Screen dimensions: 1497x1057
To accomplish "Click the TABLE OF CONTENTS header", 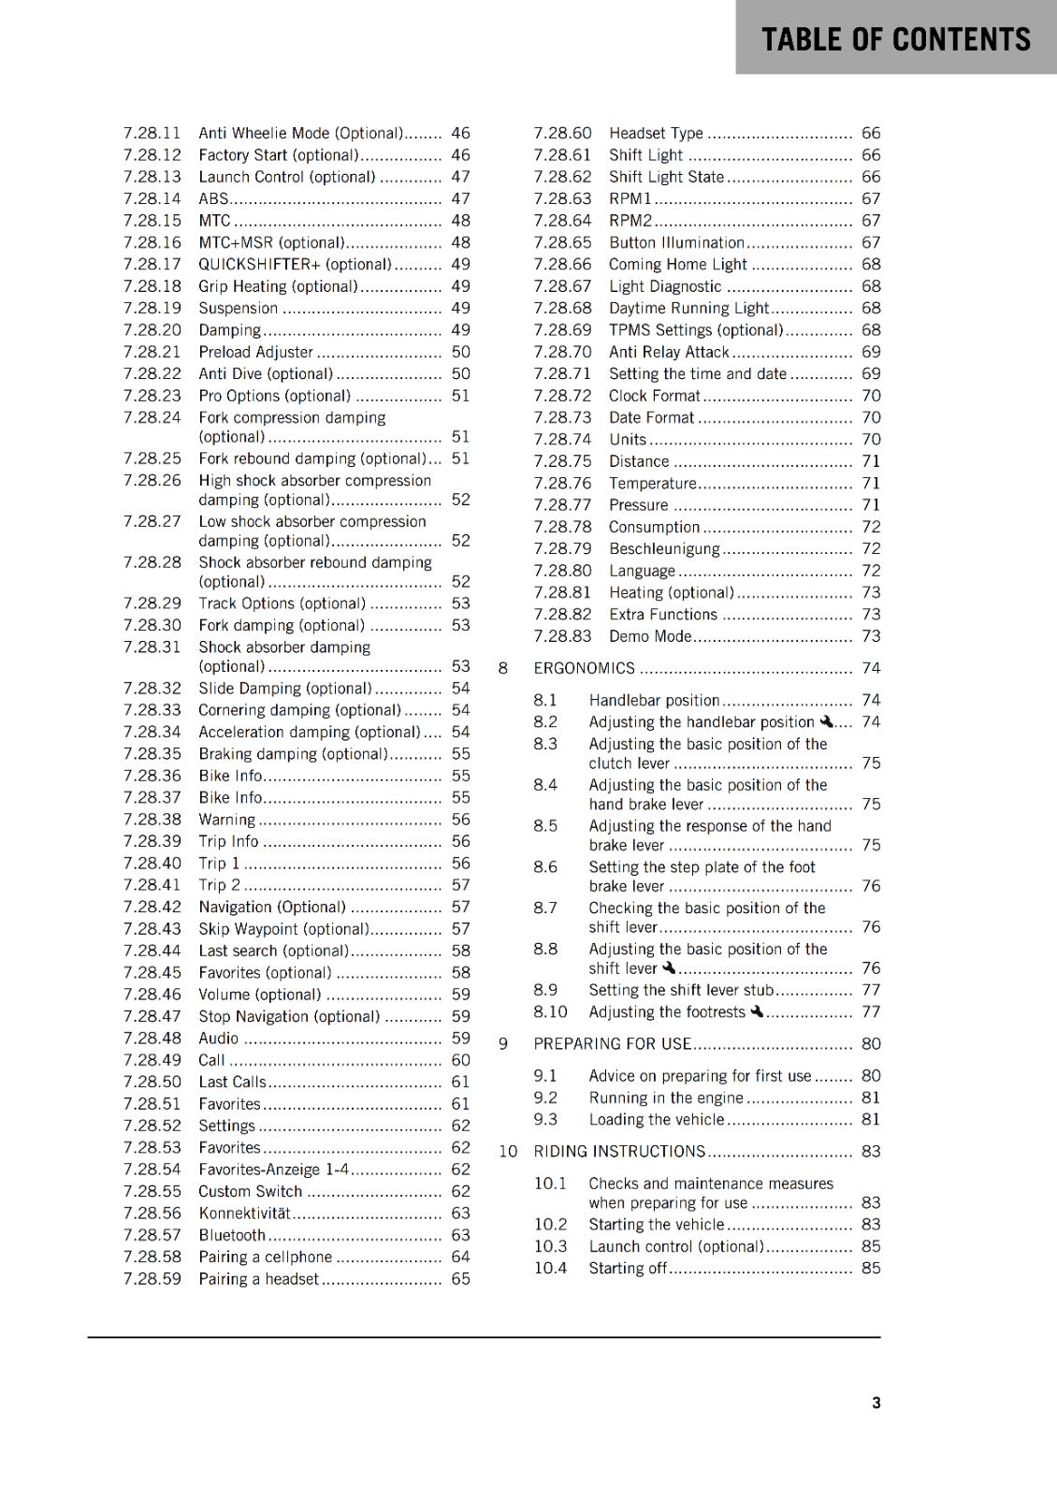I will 895,39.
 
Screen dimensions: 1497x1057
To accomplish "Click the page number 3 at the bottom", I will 876,1403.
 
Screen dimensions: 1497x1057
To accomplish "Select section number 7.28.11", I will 152,133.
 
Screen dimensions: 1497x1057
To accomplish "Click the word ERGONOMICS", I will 584,668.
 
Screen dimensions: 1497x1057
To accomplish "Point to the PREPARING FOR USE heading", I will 612,1043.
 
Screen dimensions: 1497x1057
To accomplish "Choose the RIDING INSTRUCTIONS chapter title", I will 619,1151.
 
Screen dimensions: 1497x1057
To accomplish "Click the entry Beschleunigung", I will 664,548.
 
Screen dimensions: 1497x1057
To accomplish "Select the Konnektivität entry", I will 245,1213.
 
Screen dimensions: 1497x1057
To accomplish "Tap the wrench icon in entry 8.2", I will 826,721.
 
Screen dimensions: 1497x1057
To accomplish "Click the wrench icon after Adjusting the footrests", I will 757,1011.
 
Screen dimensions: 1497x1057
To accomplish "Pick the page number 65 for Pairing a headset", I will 460,1278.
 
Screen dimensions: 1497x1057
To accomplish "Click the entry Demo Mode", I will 650,636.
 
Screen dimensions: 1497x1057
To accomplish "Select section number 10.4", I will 550,1268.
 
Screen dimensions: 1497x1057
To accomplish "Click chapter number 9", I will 503,1043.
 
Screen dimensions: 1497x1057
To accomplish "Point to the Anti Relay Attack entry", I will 668,352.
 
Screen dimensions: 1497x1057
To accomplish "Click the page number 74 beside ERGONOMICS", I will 871,668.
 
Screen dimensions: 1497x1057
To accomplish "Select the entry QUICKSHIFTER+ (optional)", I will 295,264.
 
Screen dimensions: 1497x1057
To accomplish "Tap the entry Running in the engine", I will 665,1097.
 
